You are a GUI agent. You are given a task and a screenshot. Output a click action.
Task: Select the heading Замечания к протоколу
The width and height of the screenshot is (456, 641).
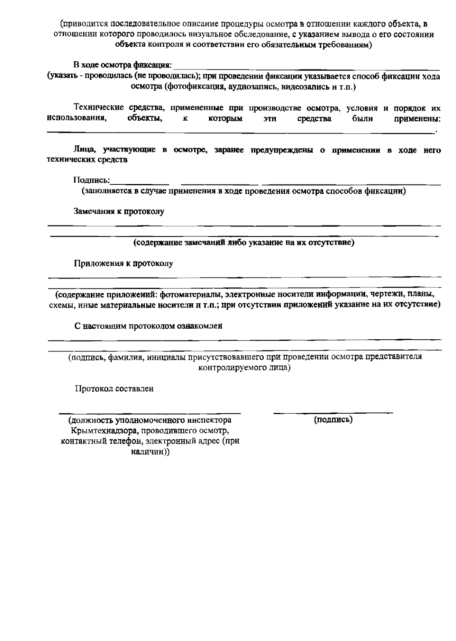(x=119, y=211)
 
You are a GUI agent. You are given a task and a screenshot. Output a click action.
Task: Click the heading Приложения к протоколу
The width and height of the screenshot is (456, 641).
(x=123, y=263)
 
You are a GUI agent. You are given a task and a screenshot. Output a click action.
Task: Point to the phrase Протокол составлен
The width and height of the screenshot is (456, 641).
(x=114, y=389)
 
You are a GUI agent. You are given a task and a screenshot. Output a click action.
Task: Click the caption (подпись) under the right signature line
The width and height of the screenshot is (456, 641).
(x=333, y=420)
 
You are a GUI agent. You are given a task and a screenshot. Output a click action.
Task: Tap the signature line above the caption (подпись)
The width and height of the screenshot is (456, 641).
(x=333, y=412)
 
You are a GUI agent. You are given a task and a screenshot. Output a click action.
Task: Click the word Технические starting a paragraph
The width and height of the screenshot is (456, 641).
(x=98, y=108)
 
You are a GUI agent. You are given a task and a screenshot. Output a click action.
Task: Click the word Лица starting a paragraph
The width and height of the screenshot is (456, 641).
(x=82, y=150)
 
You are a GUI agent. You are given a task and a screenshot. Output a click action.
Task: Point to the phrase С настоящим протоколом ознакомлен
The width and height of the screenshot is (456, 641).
(x=148, y=326)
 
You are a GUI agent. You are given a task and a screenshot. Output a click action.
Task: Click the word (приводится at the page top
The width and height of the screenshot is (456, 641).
(x=81, y=24)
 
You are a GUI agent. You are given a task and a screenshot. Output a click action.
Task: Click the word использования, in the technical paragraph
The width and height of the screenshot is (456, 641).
(x=76, y=119)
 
